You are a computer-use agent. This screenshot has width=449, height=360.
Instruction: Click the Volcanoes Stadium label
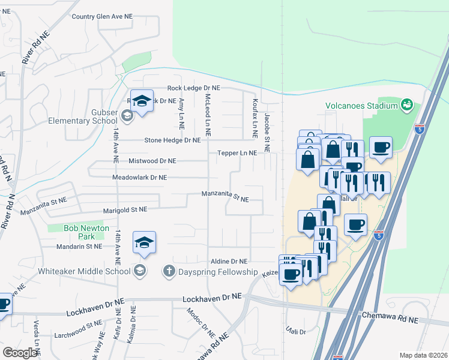[x=361, y=106]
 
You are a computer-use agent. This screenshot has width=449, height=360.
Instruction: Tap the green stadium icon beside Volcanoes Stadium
[x=408, y=105]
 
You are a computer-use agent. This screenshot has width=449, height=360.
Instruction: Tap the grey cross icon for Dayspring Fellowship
[x=168, y=271]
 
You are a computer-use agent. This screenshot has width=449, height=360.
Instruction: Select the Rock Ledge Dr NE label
[x=194, y=88]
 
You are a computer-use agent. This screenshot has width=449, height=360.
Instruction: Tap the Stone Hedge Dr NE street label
[x=172, y=140]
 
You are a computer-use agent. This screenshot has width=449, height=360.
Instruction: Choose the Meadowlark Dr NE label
[x=139, y=178]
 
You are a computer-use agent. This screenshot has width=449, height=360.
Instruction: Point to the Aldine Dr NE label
[x=229, y=262]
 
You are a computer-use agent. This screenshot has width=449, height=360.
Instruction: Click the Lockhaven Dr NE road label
[x=212, y=297]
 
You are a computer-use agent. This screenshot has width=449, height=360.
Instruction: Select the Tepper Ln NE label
[x=237, y=153]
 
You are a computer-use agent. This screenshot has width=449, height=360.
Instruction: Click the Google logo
[x=20, y=352]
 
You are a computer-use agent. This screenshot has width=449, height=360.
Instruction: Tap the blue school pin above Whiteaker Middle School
[x=144, y=243]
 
